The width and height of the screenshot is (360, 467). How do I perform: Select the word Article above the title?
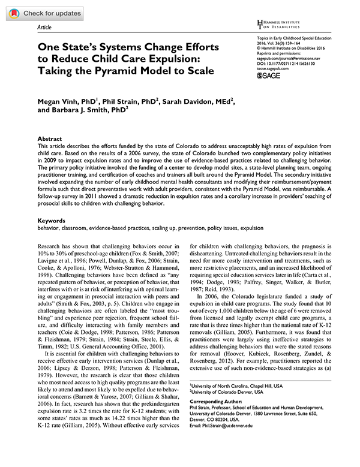(x=45, y=28)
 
